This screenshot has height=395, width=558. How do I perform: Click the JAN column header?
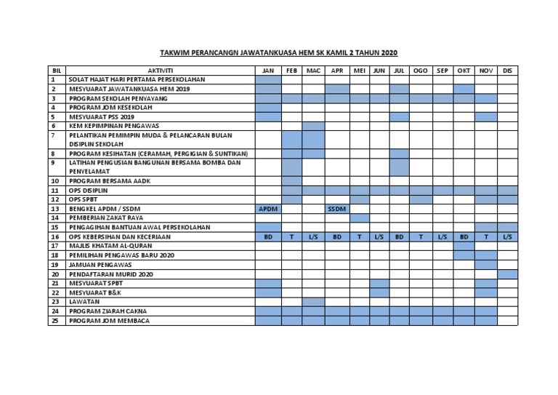(268, 70)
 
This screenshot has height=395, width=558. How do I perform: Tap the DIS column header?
(507, 70)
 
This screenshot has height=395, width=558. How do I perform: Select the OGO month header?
(420, 70)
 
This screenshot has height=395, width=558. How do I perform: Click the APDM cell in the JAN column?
(268, 209)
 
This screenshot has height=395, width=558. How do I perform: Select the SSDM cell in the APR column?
(336, 209)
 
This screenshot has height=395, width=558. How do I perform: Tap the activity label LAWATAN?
(85, 302)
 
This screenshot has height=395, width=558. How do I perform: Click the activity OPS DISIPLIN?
(89, 190)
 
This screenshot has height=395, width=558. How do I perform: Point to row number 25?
(54, 321)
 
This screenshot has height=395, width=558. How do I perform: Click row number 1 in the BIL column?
(54, 79)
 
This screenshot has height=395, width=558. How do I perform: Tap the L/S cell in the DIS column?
(507, 236)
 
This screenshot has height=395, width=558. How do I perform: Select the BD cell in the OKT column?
(464, 236)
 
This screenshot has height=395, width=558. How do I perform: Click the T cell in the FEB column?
(291, 236)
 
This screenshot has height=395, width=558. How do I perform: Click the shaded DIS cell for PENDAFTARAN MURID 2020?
(507, 274)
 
